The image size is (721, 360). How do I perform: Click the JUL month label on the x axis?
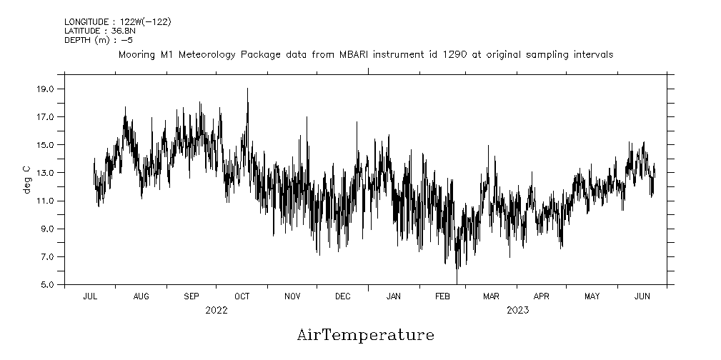click(90, 296)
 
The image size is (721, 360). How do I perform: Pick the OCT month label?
click(242, 296)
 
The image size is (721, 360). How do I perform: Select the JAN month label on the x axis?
click(393, 296)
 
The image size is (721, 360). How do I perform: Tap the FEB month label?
click(442, 296)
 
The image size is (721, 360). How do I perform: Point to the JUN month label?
click(642, 296)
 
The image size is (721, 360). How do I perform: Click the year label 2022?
click(216, 310)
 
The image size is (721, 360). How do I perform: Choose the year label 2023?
click(517, 310)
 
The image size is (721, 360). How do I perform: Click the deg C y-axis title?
click(27, 179)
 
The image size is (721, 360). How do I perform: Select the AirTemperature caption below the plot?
click(365, 334)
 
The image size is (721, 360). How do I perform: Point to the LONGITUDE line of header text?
click(117, 22)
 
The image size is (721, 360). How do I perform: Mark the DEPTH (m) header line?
click(99, 40)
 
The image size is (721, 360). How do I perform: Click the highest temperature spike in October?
click(248, 89)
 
